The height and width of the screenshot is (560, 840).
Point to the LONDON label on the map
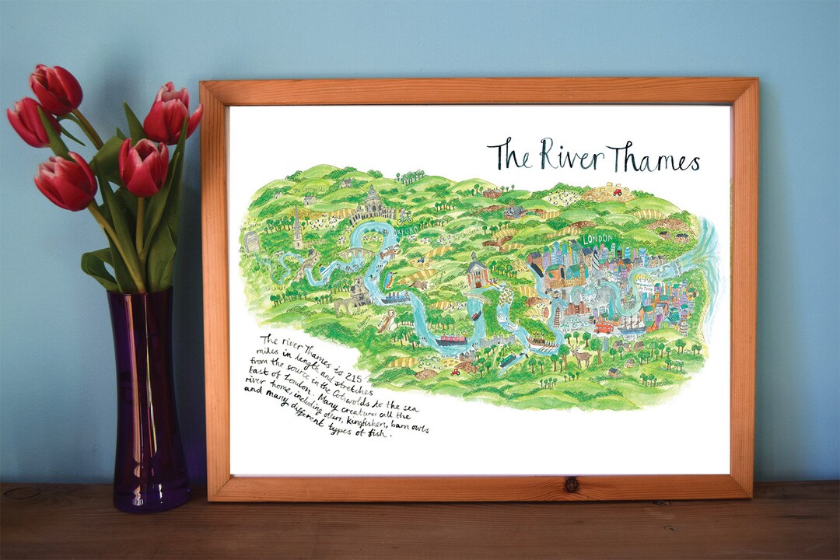click(598, 238)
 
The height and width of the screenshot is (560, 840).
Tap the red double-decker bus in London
click(604, 327)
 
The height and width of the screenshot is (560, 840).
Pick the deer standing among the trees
click(581, 357)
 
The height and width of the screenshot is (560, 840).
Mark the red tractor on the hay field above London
click(616, 191)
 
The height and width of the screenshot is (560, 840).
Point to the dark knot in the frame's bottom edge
click(571, 484)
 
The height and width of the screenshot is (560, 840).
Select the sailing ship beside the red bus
click(629, 320)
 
